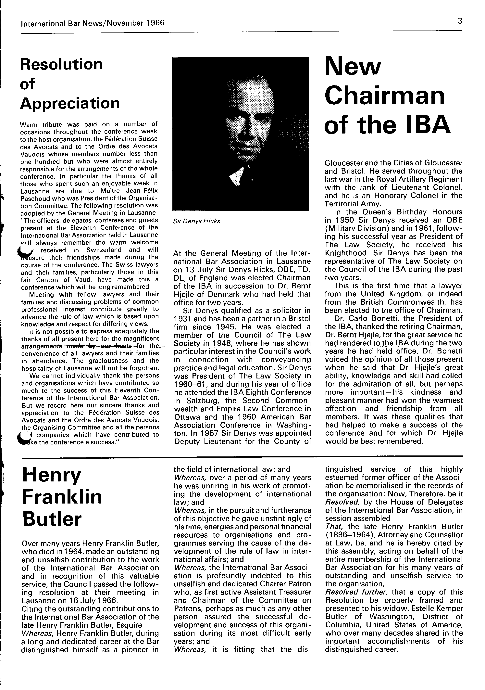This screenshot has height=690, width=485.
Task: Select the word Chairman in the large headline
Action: point(385,96)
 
